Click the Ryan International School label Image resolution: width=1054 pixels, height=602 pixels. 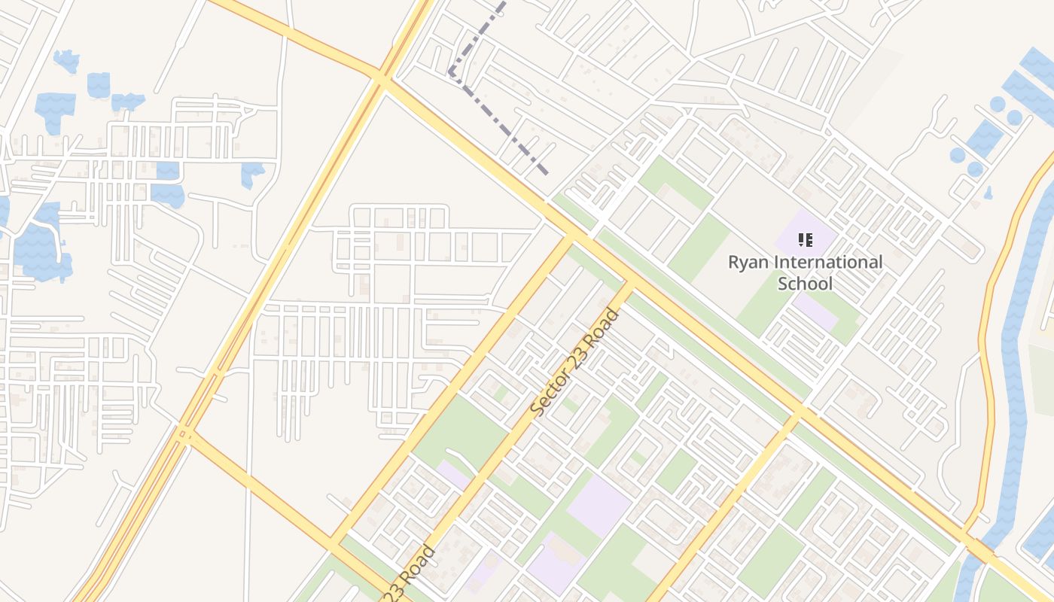coord(805,272)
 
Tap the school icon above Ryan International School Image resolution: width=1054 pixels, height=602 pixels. coord(805,241)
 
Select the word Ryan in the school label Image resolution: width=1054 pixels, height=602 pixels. coord(748,263)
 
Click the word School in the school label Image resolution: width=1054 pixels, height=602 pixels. coord(805,284)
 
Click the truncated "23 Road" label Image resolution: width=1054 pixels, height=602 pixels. coord(410,573)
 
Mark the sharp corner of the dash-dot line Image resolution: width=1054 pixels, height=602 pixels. coord(450,73)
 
